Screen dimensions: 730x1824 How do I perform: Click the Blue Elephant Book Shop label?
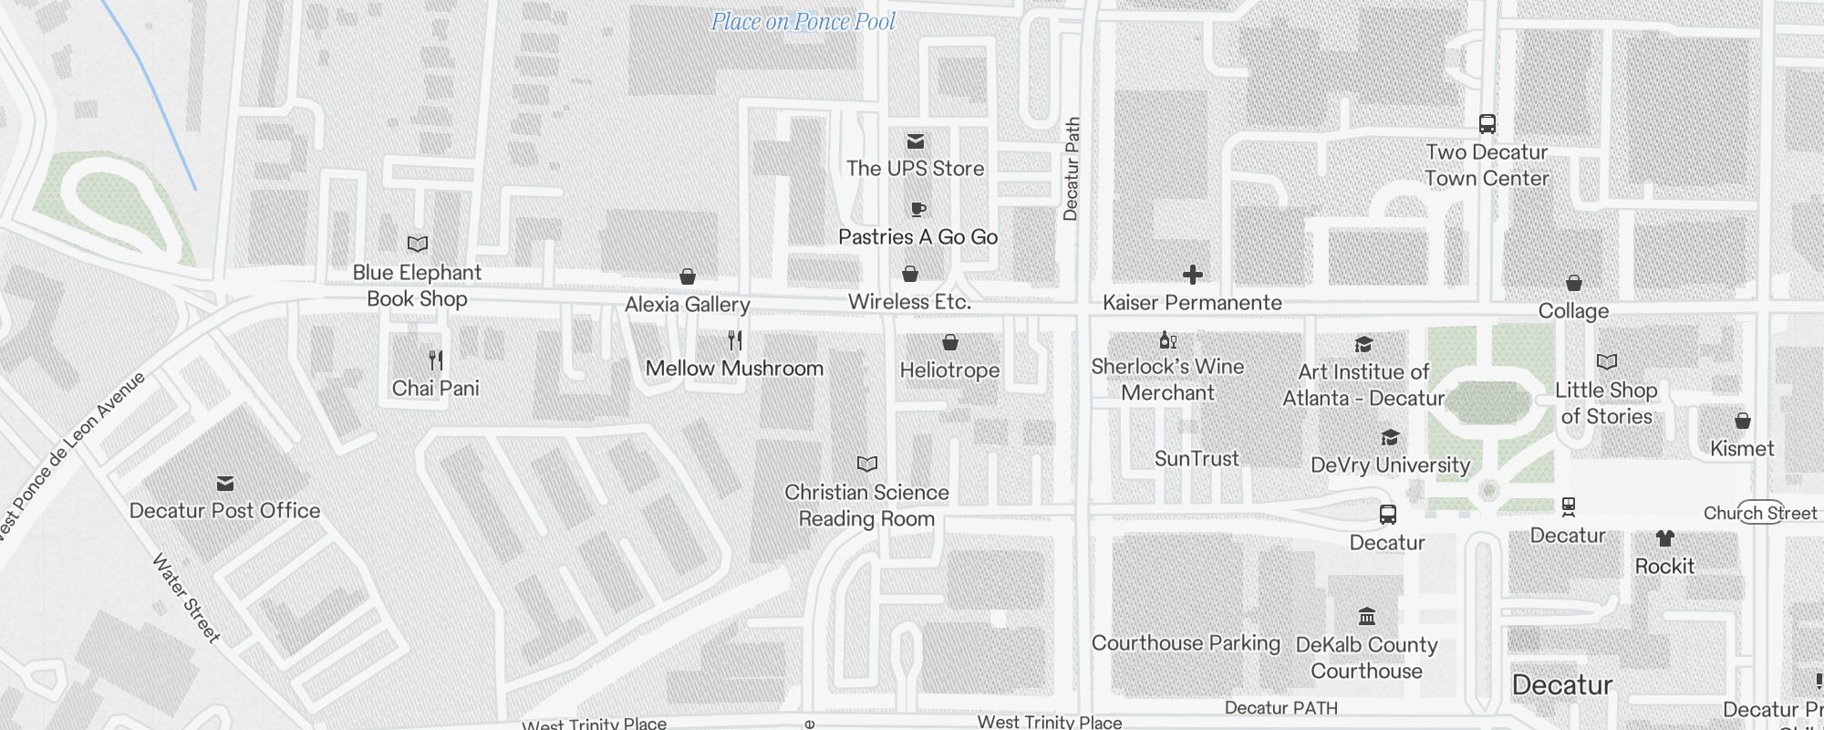pos(417,286)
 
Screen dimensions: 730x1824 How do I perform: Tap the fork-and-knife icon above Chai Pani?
pos(436,360)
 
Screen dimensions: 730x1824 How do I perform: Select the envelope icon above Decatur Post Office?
pos(225,483)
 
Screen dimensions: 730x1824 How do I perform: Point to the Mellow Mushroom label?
pos(734,369)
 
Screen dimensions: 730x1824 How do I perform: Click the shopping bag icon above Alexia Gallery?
pos(688,276)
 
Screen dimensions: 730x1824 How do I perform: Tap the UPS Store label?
pos(915,169)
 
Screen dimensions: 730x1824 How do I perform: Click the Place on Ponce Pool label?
pos(803,22)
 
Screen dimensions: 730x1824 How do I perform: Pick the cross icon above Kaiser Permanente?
pos(1192,275)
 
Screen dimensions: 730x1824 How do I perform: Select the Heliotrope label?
pos(949,370)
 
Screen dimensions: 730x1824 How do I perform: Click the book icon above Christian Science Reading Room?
pos(866,464)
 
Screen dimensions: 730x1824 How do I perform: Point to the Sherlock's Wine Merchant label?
pos(1167,380)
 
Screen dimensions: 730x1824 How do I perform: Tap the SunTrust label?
pos(1197,459)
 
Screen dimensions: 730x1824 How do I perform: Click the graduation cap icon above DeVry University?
pos(1389,438)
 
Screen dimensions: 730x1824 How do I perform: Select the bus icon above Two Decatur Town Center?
pos(1487,124)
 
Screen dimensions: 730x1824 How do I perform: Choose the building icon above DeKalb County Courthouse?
pos(1366,617)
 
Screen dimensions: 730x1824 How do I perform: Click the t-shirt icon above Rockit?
pos(1664,538)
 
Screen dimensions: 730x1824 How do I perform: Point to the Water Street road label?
pos(186,598)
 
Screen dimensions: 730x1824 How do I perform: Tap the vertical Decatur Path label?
pos(1072,169)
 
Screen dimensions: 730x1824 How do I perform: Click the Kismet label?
pos(1742,449)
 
